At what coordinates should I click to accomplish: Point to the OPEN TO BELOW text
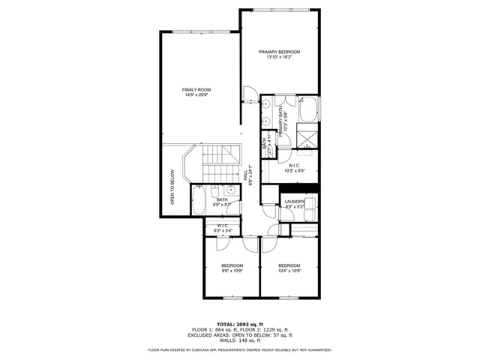point(172,187)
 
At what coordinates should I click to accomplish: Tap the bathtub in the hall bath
point(199,200)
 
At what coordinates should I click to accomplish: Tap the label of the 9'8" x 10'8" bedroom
point(232,266)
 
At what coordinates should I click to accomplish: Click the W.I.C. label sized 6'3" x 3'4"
point(223,225)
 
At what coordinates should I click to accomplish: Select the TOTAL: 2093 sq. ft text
point(240,323)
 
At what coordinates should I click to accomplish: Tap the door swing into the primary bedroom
point(250,95)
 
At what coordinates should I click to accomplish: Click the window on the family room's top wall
point(199,31)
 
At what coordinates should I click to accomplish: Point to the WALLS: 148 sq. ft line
point(240,341)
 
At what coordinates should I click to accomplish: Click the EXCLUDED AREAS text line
point(240,335)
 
